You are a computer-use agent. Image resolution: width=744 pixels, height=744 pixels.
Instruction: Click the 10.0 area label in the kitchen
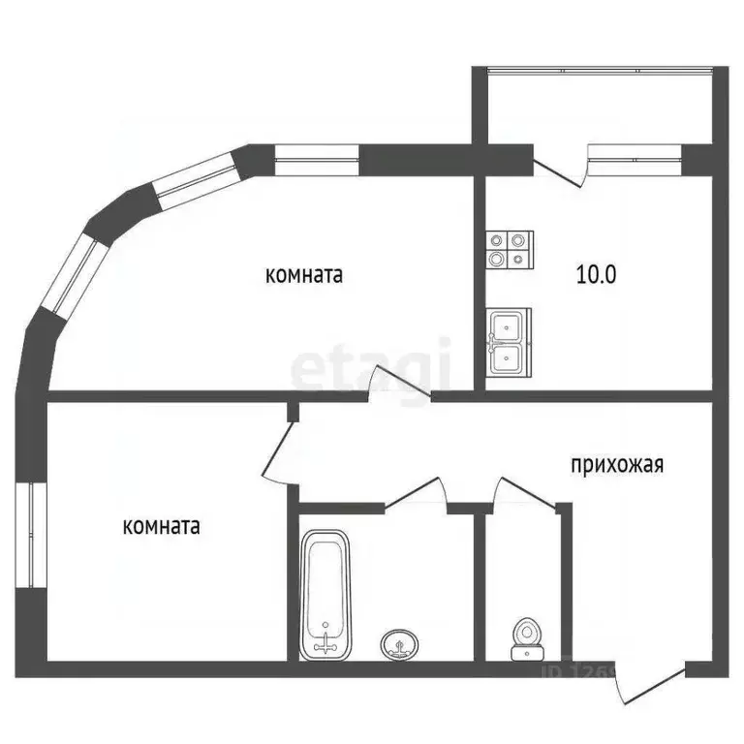coord(598,274)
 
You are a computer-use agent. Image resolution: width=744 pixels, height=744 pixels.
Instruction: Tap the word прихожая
coord(617,464)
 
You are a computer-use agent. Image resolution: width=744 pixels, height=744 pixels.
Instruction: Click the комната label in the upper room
coord(305,275)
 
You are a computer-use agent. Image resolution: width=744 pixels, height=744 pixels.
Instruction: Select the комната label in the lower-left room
coord(162,527)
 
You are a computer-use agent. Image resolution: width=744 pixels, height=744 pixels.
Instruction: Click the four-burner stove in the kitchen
coord(509,248)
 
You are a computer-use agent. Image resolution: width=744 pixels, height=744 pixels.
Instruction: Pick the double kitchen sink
coord(509,341)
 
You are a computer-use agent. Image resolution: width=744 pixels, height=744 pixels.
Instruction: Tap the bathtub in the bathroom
coord(325,594)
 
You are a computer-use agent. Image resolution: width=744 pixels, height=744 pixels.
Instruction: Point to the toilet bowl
coord(524,638)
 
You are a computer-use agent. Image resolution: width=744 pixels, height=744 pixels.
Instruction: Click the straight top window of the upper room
coord(317,157)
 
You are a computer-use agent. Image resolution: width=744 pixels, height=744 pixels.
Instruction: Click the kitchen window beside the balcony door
coord(635,156)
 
